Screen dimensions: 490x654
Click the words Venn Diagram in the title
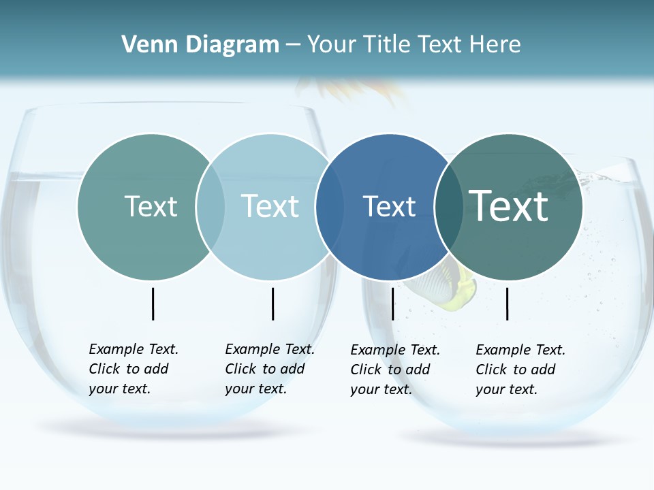coord(200,45)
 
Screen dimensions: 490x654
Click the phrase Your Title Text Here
coord(414,45)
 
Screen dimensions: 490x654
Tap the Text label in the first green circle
coord(151,206)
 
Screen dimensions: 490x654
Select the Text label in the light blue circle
coord(270,206)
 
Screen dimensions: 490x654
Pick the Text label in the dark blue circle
coord(389,206)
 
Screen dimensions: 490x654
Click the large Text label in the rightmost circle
coord(509,206)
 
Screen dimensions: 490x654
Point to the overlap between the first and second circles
coord(211,207)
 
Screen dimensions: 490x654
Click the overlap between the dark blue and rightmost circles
coord(447,207)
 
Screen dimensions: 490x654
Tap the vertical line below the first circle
coord(153,304)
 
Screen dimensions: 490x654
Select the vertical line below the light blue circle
coord(272,304)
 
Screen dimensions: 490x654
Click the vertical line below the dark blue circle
coord(392,304)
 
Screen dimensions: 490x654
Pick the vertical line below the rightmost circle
coord(507,304)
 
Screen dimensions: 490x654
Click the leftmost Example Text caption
coord(134,369)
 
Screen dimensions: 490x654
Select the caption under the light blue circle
coord(270,369)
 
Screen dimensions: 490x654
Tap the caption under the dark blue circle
coord(395,370)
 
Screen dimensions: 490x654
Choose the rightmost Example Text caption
coord(520,370)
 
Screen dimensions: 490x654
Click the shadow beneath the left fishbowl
coord(163,429)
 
